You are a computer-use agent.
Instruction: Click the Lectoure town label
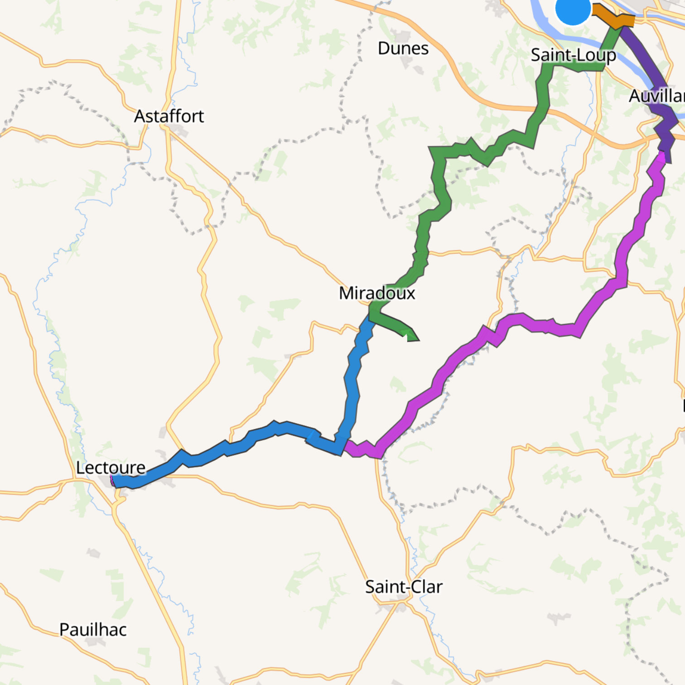coord(111,468)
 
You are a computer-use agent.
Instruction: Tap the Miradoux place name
coord(377,293)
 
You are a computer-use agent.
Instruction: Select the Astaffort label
coord(169,116)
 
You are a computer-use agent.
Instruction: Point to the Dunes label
coord(403,48)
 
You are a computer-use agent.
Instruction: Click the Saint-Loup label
coord(573,55)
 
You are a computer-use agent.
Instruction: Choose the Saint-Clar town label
coord(404,587)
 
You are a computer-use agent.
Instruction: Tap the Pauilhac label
coord(93,629)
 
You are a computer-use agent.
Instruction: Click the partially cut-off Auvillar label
coord(657,96)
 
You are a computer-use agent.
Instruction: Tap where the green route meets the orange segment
coord(617,26)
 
